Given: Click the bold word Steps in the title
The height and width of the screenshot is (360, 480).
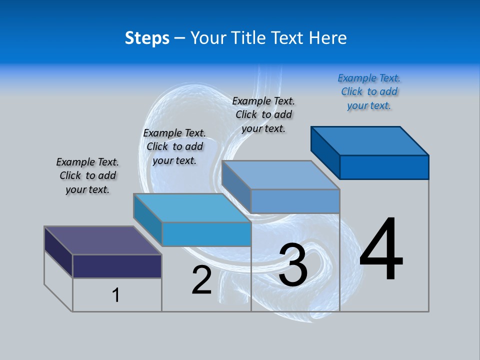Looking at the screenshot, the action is [147, 38].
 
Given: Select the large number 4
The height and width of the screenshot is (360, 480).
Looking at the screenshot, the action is [381, 250].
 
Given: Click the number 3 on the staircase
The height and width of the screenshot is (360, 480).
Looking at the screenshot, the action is [293, 265].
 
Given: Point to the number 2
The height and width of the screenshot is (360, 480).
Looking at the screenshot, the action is [202, 280].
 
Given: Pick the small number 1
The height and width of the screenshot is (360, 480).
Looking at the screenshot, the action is [116, 295].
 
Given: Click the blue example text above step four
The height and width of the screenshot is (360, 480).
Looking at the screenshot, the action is [369, 91].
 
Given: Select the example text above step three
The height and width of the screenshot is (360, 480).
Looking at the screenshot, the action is [263, 114].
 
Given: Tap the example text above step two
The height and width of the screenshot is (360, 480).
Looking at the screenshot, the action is [174, 146].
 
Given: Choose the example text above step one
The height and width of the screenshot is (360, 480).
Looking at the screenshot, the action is [87, 175].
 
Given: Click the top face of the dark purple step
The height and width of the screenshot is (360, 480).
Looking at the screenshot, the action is [102, 240].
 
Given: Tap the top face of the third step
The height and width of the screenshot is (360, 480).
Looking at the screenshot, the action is [280, 175].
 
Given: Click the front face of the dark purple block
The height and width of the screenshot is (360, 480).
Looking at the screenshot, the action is [117, 266].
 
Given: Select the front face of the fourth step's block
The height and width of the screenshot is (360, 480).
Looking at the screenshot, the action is [384, 167].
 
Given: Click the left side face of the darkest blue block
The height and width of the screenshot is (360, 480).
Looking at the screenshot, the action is [325, 152].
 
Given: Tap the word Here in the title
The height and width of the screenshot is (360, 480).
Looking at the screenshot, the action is [327, 38].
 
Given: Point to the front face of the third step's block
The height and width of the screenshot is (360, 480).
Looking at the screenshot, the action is [295, 201].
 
